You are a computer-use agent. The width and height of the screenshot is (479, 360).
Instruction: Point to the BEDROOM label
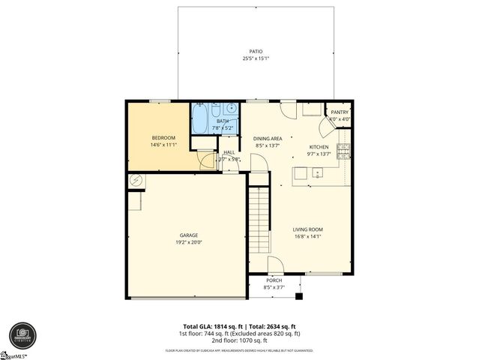coord(163,138)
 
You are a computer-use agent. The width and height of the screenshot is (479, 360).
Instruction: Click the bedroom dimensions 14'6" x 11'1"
coord(163,145)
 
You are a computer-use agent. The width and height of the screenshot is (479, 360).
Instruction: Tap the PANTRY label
coord(340,112)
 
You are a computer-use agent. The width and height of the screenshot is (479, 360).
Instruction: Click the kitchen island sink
coord(318,174)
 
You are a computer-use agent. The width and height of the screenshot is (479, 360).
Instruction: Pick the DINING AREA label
coord(267,139)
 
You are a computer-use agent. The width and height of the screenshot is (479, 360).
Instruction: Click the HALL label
coord(229,152)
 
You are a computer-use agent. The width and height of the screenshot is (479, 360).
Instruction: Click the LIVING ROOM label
coord(307,229)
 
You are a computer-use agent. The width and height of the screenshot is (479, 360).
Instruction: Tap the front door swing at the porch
coord(274,265)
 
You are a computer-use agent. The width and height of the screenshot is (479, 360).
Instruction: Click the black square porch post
coord(300,296)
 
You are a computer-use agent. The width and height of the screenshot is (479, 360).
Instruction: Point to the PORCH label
coord(274,281)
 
